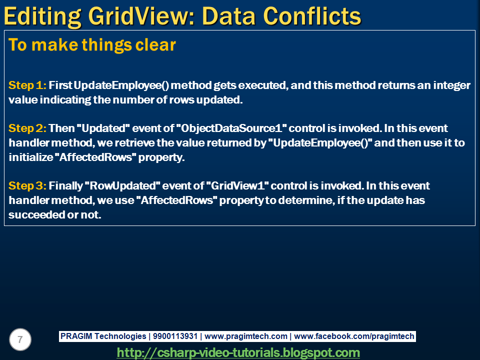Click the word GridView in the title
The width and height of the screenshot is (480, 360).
pos(141,16)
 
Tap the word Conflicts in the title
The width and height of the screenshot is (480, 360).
pos(312,16)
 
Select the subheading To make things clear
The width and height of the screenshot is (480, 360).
pos(92,44)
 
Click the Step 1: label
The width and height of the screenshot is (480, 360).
pos(27,85)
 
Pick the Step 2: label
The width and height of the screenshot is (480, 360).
pos(27,128)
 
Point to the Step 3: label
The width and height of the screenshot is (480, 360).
pos(27,186)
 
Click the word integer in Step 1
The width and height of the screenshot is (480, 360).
pos(451,85)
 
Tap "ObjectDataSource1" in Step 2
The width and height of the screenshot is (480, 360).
pos(231,128)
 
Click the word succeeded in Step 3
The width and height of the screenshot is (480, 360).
pos(36,214)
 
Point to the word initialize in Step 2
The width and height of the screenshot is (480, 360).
pos(31,157)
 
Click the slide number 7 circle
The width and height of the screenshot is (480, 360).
pos(20,339)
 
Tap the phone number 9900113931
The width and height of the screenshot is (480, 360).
pos(175,336)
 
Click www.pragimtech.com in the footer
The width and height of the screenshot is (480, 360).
pos(246,336)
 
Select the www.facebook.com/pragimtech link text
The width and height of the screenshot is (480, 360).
pos(354,336)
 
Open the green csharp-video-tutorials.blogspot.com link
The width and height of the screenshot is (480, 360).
pos(238,352)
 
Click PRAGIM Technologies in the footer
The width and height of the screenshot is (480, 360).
pos(103,336)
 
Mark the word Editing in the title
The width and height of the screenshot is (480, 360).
pos(42,16)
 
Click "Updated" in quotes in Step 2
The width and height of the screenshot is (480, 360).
pos(103,128)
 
